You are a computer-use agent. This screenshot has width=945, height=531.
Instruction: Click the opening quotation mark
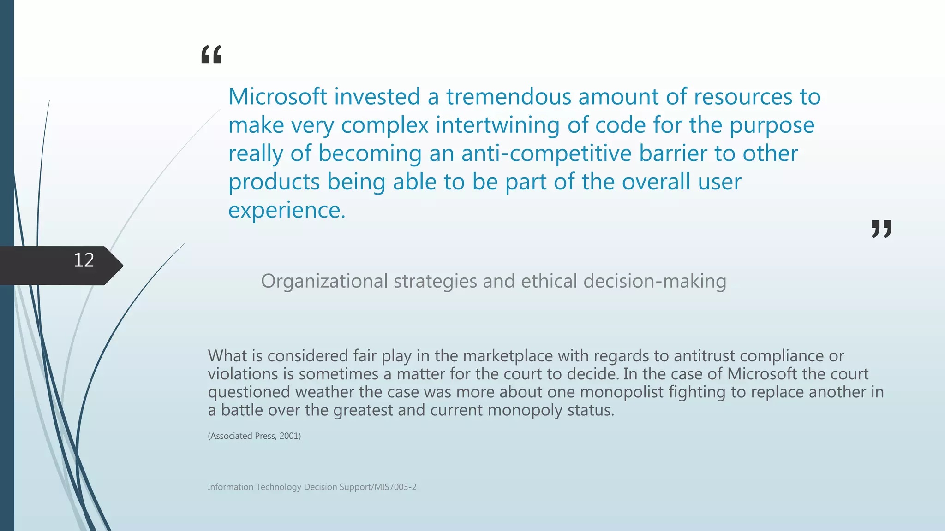(x=211, y=54)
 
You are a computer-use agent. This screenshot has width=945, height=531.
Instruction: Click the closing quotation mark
(x=881, y=229)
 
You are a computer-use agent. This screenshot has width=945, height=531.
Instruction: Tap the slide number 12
(x=84, y=260)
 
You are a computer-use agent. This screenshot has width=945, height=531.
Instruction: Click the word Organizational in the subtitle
(x=324, y=281)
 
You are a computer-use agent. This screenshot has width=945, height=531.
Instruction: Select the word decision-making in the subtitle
(x=655, y=281)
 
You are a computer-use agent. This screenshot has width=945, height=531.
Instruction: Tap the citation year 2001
(x=289, y=436)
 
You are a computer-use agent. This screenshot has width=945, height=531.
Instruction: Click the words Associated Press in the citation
(x=243, y=436)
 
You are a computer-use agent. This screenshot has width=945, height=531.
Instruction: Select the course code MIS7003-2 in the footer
(x=395, y=487)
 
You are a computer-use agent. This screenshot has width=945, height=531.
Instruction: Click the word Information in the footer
(x=230, y=487)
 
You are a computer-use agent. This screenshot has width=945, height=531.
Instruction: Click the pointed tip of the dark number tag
(x=122, y=265)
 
